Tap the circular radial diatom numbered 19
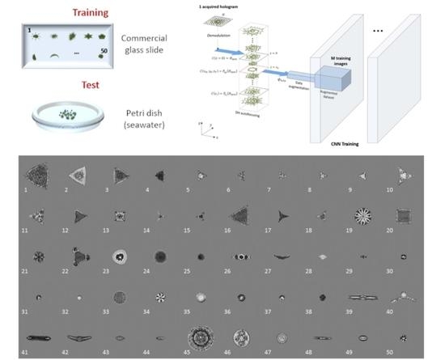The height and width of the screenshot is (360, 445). point(362,215)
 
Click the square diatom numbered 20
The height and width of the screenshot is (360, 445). point(402,215)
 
